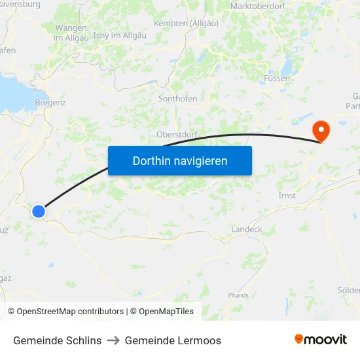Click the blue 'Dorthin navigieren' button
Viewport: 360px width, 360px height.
(x=180, y=160)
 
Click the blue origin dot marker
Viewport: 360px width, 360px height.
(x=39, y=211)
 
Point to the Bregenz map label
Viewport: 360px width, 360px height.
(x=50, y=103)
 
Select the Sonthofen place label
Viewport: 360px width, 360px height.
(x=177, y=99)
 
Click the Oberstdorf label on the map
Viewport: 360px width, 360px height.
(x=177, y=135)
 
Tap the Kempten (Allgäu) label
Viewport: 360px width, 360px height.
(x=190, y=24)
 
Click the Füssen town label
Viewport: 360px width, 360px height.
(x=277, y=79)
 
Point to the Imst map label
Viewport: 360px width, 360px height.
(x=287, y=196)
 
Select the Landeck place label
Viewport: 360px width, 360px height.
(x=247, y=230)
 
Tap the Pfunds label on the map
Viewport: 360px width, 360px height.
(x=238, y=295)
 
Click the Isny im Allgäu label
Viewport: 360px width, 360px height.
(x=120, y=35)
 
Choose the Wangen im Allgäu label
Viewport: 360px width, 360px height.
(x=71, y=33)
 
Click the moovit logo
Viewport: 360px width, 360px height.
(x=321, y=340)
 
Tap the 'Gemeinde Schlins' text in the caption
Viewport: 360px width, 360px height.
(x=57, y=340)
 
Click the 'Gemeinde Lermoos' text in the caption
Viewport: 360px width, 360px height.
(x=173, y=340)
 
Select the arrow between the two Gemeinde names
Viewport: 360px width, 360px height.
(x=113, y=340)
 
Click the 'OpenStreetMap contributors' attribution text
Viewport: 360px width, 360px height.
(x=70, y=312)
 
